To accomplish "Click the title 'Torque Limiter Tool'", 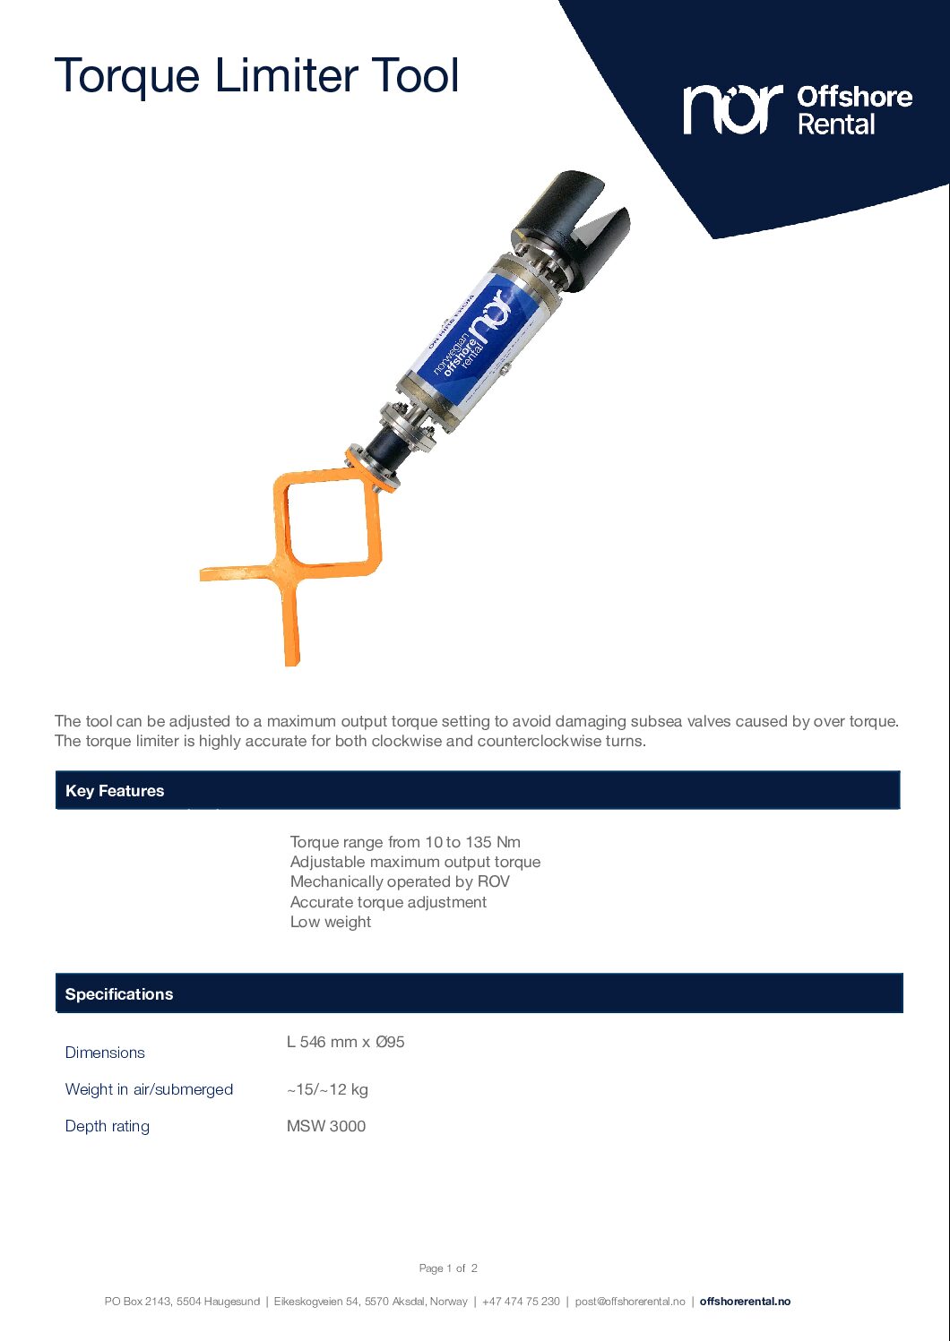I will [256, 75].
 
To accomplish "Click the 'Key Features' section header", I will [115, 791].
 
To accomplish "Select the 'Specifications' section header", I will [119, 994].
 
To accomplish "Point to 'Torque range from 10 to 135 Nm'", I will [405, 842].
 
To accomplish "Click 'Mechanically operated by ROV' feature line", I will [400, 881].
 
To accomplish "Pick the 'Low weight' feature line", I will [331, 922].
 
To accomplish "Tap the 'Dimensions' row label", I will [105, 1053].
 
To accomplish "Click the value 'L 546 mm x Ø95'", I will [346, 1042].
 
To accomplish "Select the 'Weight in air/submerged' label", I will [149, 1089].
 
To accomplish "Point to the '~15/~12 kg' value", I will [327, 1089].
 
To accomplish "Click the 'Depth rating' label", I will [108, 1126].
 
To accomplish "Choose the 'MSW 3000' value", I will [326, 1126].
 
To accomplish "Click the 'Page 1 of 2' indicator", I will [448, 1268].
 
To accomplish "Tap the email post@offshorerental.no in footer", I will [630, 1302].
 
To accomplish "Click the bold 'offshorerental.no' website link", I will [745, 1302].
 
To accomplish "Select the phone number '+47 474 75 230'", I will [521, 1302].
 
